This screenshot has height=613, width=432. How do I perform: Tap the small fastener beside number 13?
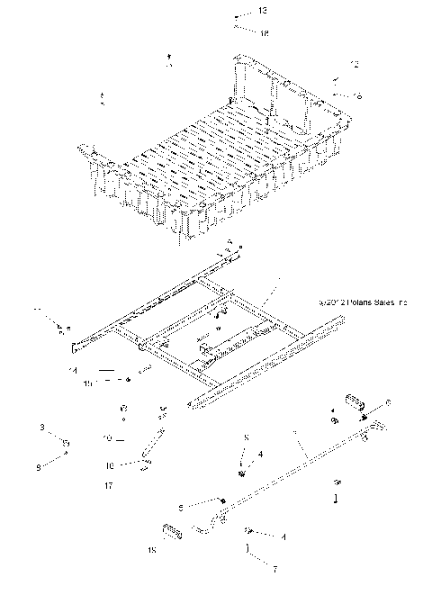tap(236, 18)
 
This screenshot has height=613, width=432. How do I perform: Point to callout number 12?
tap(355, 64)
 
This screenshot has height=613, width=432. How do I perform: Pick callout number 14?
tap(73, 370)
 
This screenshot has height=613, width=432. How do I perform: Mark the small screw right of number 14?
tap(142, 371)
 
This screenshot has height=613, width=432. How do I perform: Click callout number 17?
tap(109, 486)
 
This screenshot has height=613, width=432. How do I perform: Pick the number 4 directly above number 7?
tap(260, 537)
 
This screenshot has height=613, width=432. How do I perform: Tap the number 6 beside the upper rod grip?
tap(387, 402)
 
